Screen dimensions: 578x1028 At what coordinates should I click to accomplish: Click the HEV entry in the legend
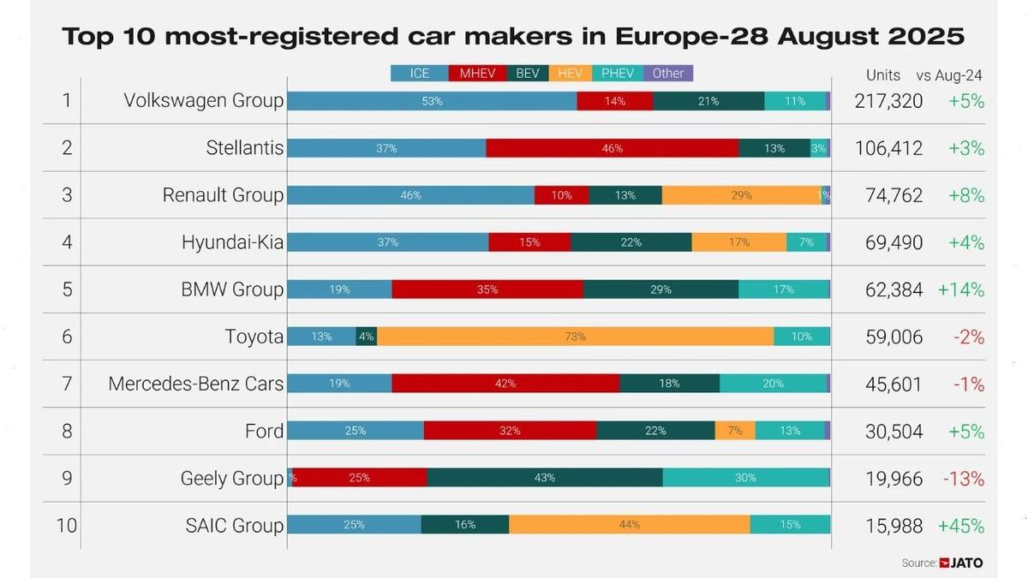(x=569, y=74)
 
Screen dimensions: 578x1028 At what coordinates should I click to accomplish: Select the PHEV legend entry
(x=617, y=74)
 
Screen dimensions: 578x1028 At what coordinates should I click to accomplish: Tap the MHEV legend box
(x=476, y=74)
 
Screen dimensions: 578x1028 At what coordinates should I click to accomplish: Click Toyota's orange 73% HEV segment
(x=575, y=337)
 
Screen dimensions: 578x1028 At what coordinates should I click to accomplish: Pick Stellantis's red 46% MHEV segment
(x=612, y=148)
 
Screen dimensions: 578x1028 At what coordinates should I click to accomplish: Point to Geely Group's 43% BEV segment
(x=544, y=478)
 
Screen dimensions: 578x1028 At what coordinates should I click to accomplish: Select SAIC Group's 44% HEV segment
(x=629, y=525)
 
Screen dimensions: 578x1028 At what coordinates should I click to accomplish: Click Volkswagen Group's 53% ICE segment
(x=432, y=101)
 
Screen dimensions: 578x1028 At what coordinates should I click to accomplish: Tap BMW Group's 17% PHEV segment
(x=783, y=289)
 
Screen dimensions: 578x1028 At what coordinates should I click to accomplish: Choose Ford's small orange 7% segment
(x=735, y=431)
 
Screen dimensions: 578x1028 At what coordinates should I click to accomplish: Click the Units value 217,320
(x=888, y=101)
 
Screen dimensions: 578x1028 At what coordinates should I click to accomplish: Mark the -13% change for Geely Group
(x=963, y=479)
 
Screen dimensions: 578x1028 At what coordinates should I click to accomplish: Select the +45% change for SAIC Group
(x=961, y=526)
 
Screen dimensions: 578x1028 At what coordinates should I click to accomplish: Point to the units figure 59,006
(x=888, y=337)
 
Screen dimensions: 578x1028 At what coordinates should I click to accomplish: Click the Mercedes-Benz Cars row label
(x=195, y=384)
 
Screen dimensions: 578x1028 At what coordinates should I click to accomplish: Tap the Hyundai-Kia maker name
(x=232, y=242)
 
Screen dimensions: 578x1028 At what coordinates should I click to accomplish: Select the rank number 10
(x=66, y=526)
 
